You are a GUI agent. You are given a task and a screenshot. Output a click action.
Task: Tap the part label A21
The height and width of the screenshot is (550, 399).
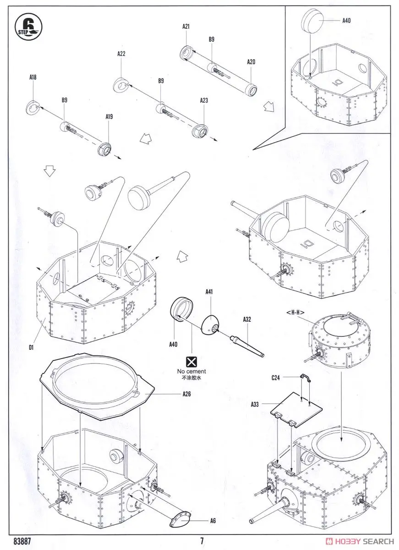(x=186, y=27)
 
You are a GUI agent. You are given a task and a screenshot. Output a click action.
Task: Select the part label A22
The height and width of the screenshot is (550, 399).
(x=121, y=54)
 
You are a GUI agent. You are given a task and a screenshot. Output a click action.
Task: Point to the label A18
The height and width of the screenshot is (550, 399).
(x=33, y=77)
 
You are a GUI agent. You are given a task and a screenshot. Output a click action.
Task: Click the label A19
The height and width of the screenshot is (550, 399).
(x=109, y=117)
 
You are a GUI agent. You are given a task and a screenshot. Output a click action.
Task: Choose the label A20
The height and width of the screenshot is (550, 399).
(x=251, y=62)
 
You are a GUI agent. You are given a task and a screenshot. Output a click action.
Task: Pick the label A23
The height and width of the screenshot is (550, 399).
(x=204, y=100)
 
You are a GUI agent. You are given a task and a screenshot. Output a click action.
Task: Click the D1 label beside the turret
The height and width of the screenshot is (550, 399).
(x=31, y=347)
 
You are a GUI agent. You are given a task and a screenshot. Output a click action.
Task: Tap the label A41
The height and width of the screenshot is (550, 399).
(x=209, y=291)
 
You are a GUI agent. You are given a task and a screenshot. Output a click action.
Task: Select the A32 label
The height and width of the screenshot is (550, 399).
(x=246, y=320)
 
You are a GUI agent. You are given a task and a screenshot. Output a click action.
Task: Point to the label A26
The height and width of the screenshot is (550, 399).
(x=186, y=393)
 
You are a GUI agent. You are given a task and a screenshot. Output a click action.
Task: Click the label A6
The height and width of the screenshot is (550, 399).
(x=213, y=521)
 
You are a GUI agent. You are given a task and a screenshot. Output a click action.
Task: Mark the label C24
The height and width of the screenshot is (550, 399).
(x=275, y=377)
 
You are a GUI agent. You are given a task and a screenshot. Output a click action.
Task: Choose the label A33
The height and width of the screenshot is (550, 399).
(x=255, y=404)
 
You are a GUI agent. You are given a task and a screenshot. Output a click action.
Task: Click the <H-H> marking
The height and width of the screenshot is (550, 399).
(x=295, y=313)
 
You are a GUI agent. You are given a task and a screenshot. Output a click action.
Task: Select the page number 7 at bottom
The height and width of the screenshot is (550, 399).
(x=202, y=541)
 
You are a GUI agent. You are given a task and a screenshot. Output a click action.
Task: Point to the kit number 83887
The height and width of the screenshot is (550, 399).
(x=22, y=541)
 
